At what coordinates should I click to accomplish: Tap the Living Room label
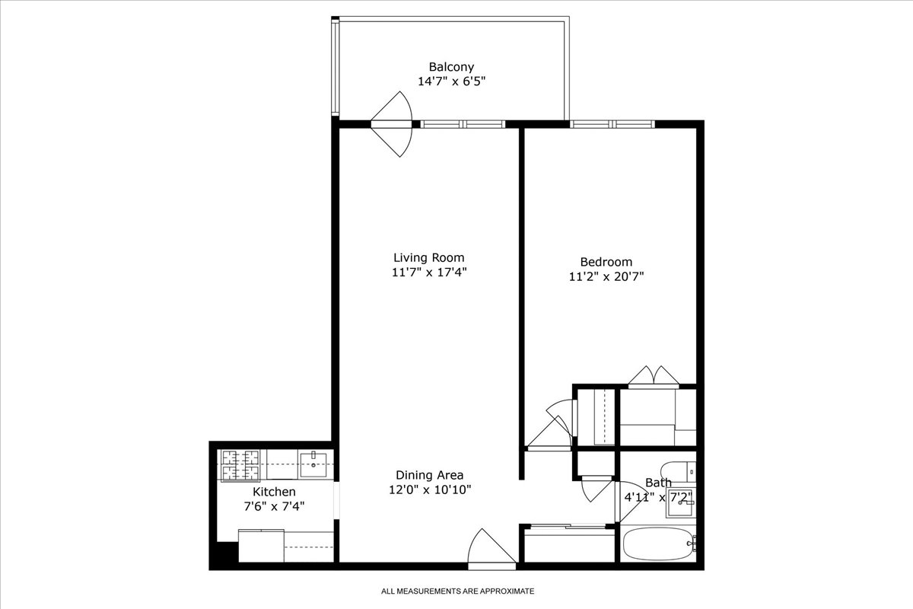(428, 257)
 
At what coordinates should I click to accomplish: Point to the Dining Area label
(430, 475)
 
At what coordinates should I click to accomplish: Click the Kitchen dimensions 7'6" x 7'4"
(274, 505)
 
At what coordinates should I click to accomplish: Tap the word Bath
(658, 483)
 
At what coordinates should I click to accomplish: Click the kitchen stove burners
(240, 465)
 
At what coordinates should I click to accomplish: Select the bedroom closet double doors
(654, 376)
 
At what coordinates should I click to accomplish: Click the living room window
(463, 124)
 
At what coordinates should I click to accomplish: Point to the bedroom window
(612, 124)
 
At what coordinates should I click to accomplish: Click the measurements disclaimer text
(458, 591)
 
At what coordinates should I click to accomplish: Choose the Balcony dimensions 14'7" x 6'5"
(451, 81)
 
